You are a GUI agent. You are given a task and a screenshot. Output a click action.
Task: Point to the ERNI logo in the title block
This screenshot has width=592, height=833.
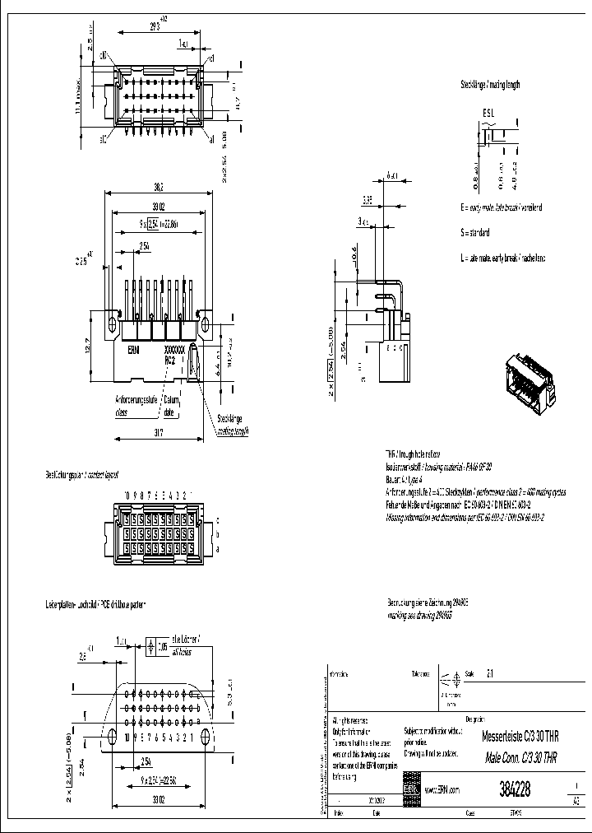click(x=410, y=789)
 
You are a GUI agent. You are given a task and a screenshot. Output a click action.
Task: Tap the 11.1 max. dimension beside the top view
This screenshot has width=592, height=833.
click(x=78, y=90)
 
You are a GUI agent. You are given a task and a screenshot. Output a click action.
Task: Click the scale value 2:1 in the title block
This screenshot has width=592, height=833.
click(x=491, y=672)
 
